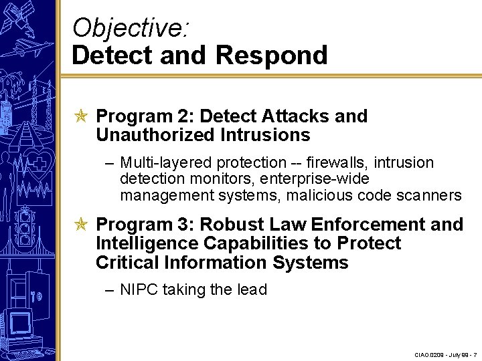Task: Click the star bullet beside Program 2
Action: click(81, 116)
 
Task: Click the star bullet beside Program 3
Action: click(81, 224)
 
